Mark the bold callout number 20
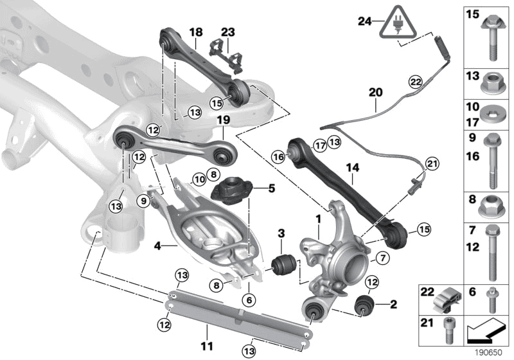(x=375, y=92)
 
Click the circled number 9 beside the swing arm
(x=143, y=201)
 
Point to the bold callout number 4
(x=158, y=244)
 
